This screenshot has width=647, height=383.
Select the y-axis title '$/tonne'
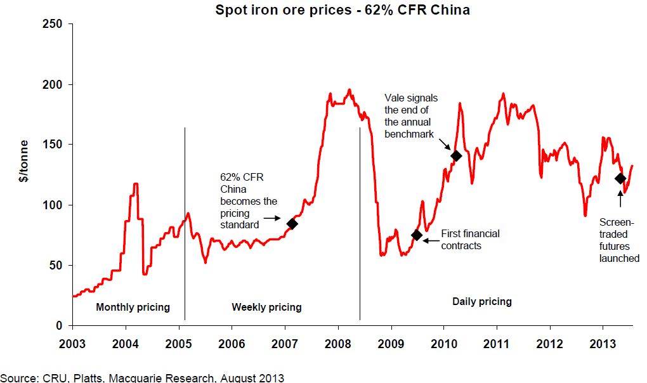(24, 174)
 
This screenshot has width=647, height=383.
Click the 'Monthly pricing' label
(133, 308)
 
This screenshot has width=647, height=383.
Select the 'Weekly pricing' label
(266, 308)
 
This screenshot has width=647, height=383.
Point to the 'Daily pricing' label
(481, 301)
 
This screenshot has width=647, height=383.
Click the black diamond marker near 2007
(292, 223)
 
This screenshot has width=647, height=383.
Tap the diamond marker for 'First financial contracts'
(417, 235)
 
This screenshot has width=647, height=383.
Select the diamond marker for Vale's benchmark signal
(455, 155)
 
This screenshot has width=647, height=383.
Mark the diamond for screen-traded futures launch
(620, 179)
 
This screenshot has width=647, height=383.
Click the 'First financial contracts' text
(470, 239)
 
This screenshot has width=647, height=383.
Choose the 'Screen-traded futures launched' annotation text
(619, 241)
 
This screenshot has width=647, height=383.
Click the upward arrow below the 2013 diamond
(620, 202)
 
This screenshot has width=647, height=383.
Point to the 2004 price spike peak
(135, 184)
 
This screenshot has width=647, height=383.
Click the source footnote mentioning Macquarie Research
(142, 378)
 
